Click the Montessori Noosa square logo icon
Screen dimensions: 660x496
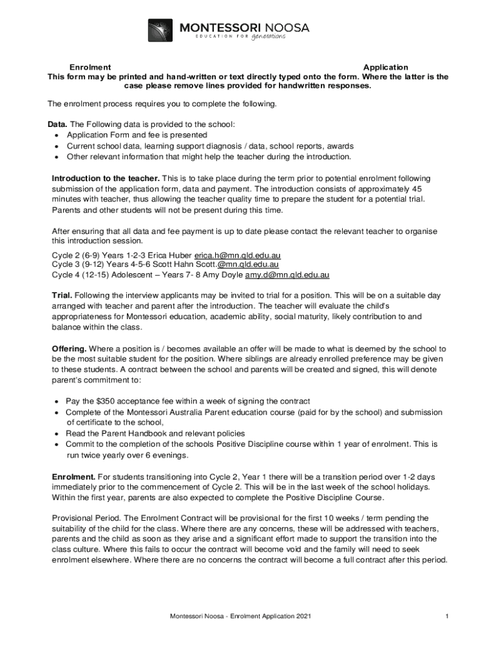(x=160, y=30)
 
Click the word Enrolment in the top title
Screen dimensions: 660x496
(x=90, y=67)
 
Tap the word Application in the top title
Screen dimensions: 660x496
(x=385, y=67)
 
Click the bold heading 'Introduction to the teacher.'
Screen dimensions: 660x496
(x=106, y=178)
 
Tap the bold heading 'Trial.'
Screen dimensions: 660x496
(x=62, y=295)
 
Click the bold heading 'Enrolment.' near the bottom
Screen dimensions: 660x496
(x=73, y=476)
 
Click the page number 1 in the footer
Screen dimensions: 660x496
(x=446, y=617)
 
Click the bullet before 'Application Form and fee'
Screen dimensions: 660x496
(x=57, y=135)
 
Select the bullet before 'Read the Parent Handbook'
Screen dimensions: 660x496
(x=57, y=434)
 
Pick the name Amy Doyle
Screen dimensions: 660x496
(x=223, y=275)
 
